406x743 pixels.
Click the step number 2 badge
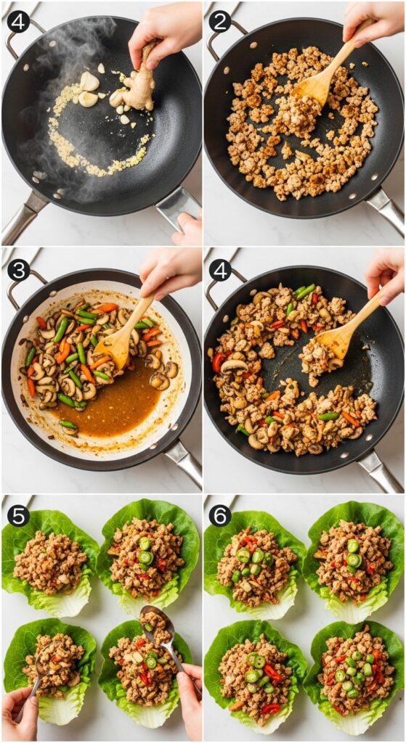220,21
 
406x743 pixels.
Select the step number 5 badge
18,515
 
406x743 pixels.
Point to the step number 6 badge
220,515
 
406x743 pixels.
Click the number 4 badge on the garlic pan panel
18,21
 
